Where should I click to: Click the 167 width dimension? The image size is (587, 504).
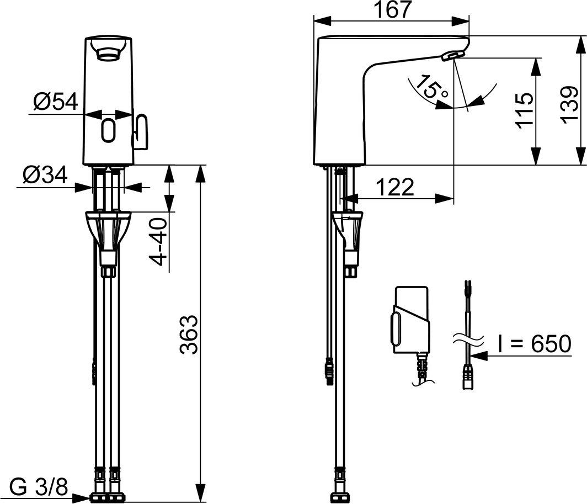[x=393, y=10]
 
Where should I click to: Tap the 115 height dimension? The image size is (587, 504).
[x=525, y=110]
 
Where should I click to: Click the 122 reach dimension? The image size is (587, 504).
[x=395, y=188]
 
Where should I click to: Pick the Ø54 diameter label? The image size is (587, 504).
[x=55, y=102]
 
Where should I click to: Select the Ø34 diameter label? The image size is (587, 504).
[x=45, y=176]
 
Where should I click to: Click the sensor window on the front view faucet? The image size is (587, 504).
[x=109, y=130]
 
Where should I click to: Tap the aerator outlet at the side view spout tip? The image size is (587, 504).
[x=453, y=55]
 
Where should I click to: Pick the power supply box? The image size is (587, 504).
[x=410, y=320]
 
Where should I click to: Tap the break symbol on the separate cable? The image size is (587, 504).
[x=467, y=337]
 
